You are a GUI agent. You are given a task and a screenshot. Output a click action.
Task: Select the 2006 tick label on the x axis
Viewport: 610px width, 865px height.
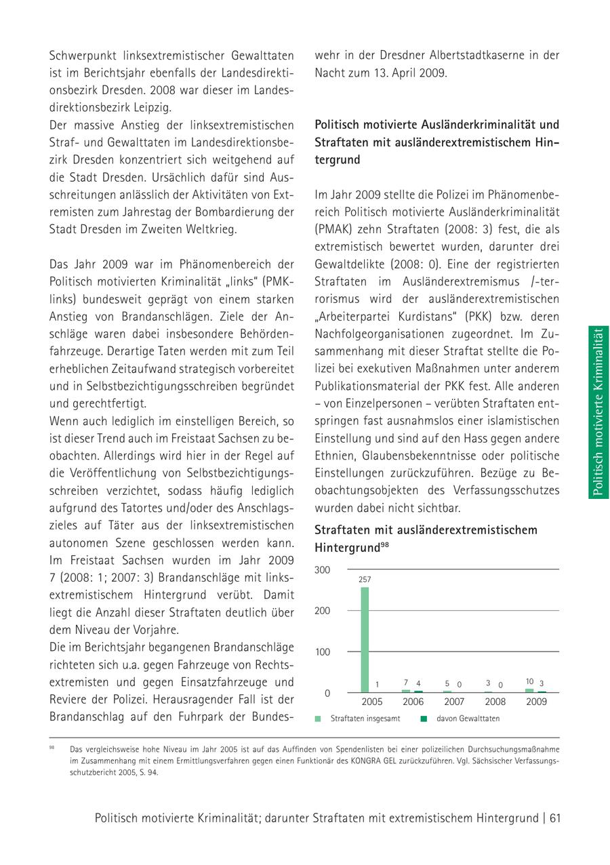tap(413, 702)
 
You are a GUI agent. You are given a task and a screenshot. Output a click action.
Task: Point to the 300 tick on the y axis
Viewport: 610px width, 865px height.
tap(322, 570)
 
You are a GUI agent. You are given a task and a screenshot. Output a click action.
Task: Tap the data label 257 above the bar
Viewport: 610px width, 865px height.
tap(365, 580)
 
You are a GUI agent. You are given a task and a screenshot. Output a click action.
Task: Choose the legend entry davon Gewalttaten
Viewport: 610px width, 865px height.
tap(467, 719)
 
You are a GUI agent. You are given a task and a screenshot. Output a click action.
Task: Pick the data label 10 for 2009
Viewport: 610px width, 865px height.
tap(530, 681)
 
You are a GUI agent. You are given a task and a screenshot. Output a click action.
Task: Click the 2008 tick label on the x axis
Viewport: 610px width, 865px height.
tap(495, 702)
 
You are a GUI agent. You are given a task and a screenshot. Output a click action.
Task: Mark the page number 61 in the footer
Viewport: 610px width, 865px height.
tap(555, 818)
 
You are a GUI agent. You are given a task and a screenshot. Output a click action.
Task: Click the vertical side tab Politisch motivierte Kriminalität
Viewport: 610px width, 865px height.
tap(598, 412)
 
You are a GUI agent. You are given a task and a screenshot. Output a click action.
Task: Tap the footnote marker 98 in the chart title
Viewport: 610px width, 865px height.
tap(384, 544)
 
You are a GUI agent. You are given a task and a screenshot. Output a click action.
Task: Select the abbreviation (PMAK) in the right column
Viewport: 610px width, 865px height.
tap(333, 230)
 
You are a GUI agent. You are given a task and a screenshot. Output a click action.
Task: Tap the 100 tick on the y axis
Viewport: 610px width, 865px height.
tap(322, 652)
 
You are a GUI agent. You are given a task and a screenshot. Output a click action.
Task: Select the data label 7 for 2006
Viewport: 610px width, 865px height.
tap(405, 683)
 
